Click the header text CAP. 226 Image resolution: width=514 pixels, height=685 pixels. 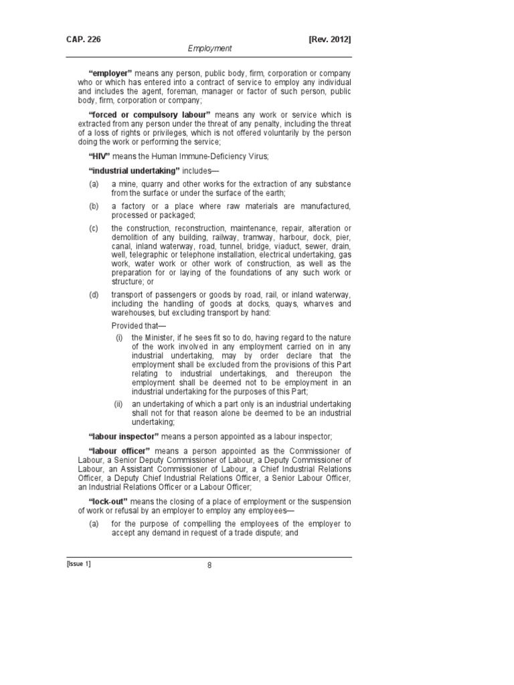75,39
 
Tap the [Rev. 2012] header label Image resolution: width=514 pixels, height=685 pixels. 329,39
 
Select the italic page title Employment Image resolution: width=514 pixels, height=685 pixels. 209,49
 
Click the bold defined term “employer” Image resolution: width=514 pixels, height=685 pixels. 110,72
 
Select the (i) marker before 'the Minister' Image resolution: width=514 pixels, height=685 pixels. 119,337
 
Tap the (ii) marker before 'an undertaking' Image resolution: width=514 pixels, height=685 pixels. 118,404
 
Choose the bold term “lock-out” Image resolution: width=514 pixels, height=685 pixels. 108,502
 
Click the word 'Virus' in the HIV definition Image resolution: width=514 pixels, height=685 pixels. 256,157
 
